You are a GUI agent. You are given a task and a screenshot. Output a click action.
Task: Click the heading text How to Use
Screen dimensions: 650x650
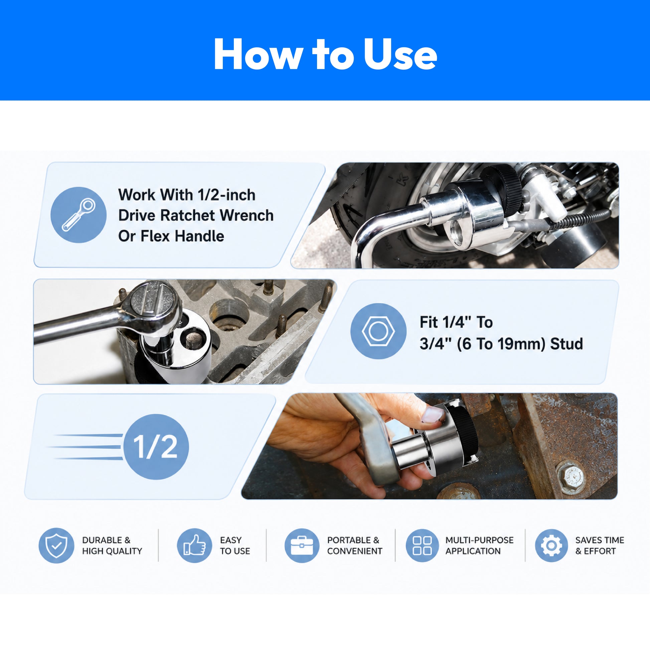coord(325,54)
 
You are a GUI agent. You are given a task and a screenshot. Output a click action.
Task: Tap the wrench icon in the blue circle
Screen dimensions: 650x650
coord(79,215)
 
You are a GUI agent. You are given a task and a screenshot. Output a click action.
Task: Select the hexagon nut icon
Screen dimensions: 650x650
coord(378,331)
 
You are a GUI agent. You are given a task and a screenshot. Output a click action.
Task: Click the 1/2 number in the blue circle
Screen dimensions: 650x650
coord(155,447)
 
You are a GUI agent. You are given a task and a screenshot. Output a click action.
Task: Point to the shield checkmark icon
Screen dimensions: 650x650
coord(56,545)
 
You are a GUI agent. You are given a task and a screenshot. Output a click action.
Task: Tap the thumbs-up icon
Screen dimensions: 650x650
coord(194,545)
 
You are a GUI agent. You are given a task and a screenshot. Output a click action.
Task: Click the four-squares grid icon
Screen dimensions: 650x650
coord(422,545)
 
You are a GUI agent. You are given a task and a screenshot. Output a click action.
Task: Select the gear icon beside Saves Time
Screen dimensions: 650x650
coord(551,545)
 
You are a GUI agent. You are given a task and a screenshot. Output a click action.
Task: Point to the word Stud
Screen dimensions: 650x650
coord(566,344)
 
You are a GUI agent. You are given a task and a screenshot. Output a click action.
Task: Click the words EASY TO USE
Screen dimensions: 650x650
coord(235,545)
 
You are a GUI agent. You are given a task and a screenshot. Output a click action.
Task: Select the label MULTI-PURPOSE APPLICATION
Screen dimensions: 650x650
coord(479,545)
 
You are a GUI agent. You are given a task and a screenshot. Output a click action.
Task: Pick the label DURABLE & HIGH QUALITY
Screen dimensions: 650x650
coord(112,545)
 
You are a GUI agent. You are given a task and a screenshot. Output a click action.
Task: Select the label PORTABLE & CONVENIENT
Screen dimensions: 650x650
coord(355,545)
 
